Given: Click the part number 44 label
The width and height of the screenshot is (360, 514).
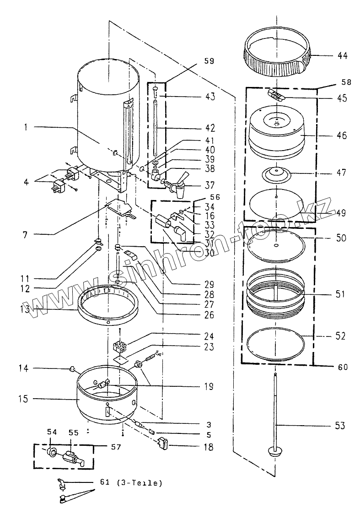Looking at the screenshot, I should click(342, 56).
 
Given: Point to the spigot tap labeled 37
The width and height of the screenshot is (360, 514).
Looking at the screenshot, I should click(178, 185).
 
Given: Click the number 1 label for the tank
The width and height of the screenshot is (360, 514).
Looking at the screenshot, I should click(27, 128).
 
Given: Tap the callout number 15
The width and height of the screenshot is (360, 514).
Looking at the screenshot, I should click(24, 399).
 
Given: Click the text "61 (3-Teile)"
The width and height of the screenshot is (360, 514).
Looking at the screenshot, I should click(130, 482).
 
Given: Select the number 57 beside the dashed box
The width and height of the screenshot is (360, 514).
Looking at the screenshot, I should click(117, 446).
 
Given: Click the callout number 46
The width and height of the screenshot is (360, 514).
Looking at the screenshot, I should click(342, 135).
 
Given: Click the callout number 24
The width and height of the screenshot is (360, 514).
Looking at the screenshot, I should click(209, 335).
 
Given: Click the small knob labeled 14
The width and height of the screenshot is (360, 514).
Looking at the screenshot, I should click(72, 368).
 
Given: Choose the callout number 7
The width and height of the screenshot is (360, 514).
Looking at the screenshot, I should click(26, 235).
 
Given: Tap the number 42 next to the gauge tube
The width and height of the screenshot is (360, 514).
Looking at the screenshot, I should click(210, 128).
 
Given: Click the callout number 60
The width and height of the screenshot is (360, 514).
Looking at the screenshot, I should click(343, 367).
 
